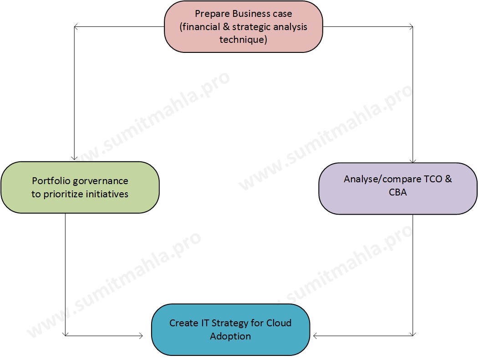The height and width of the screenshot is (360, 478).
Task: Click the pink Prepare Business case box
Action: (243, 26)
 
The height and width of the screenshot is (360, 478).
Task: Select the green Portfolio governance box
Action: (80, 187)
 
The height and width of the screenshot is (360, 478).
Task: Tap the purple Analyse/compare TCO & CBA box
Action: (398, 188)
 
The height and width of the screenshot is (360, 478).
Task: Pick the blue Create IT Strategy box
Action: (230, 329)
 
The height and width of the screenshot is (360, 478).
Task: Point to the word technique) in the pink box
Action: (243, 40)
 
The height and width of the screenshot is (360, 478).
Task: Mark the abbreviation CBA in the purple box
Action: (398, 192)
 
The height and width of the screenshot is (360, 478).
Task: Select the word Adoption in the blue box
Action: (230, 336)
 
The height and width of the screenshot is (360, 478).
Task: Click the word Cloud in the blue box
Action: (279, 323)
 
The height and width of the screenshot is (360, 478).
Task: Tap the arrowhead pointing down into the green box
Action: (74, 158)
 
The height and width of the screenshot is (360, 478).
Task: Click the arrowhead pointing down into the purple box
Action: (412, 160)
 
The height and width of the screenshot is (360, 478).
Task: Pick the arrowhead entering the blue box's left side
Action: (140, 336)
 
